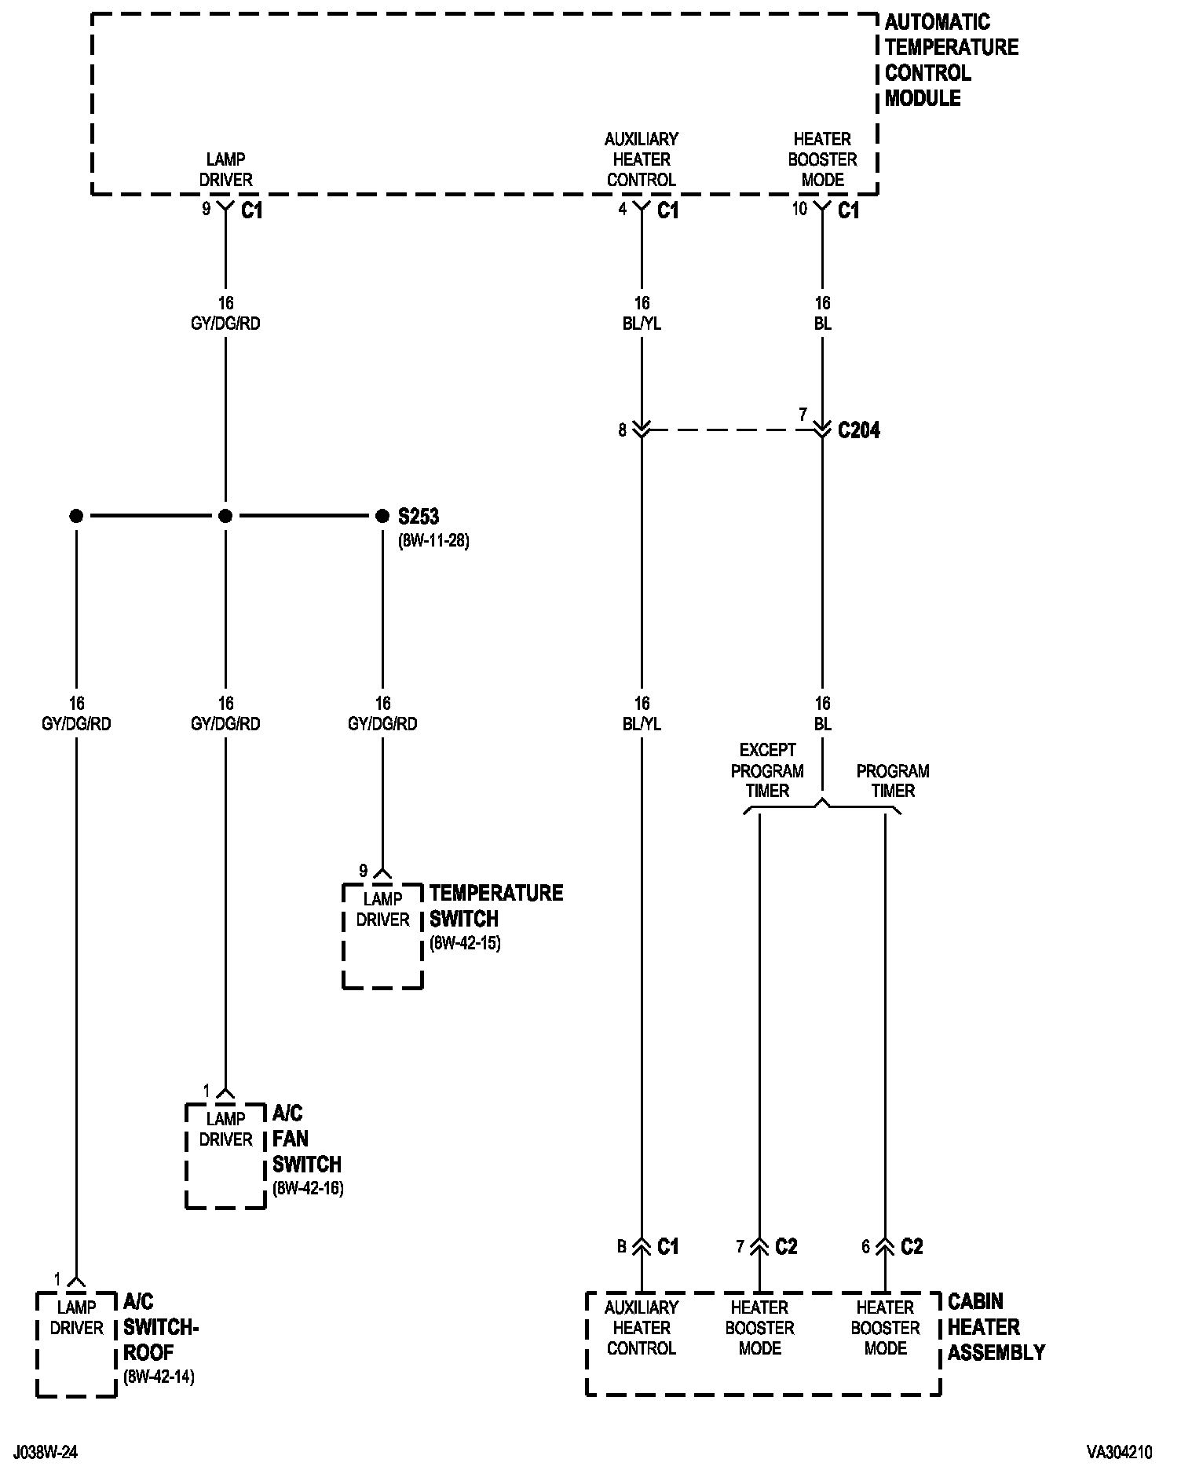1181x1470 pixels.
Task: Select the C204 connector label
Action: coord(859,430)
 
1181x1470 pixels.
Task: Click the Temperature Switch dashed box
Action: coord(382,936)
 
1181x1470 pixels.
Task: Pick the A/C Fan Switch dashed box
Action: coord(225,1156)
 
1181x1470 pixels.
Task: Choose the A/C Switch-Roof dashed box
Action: coord(76,1344)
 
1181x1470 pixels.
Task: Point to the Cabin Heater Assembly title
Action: coord(996,1327)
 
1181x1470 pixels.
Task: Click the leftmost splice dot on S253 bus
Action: coord(76,516)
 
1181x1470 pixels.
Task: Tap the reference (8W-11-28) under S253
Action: coord(433,541)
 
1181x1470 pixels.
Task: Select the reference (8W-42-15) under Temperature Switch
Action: coord(465,943)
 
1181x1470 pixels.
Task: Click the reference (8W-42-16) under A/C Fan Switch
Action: coord(308,1188)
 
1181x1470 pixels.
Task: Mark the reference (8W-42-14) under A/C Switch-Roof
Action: coord(159,1377)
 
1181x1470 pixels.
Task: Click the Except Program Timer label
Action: coord(767,770)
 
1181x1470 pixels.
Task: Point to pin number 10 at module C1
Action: coord(799,210)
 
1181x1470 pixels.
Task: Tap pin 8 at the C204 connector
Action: coord(623,430)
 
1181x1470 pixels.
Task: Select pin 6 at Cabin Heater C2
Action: coord(866,1247)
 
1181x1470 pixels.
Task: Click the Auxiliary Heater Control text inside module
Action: coord(642,159)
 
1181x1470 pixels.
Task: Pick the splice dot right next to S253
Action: coord(382,516)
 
